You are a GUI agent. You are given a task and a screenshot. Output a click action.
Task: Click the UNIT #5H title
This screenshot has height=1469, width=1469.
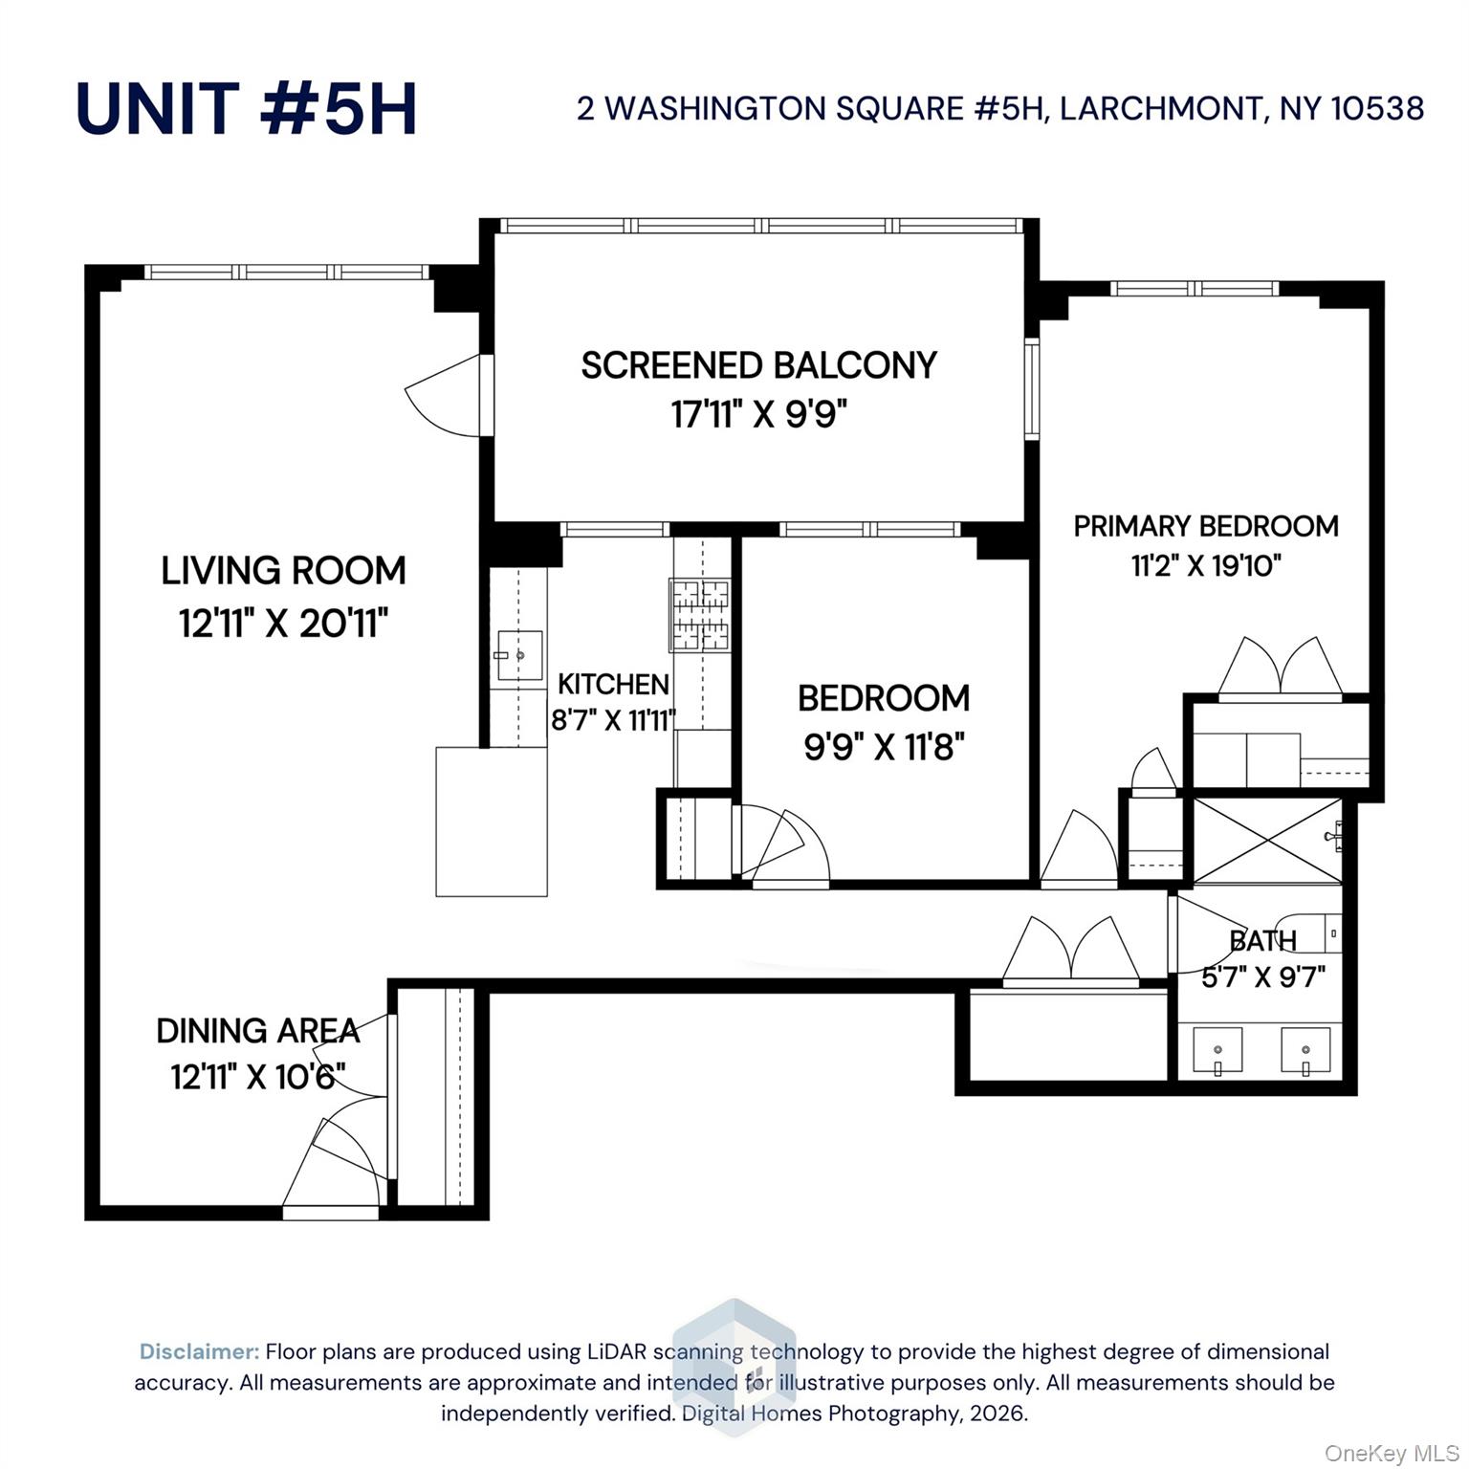coord(246,108)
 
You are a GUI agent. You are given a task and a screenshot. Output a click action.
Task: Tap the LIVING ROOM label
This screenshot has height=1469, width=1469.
coord(283,571)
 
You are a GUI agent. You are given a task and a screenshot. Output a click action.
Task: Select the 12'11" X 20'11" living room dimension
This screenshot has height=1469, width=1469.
coord(283,624)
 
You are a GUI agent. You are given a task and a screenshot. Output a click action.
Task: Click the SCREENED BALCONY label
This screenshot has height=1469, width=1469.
coord(759,365)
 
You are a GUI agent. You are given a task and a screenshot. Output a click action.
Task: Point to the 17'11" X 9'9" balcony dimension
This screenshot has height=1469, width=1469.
coord(759,415)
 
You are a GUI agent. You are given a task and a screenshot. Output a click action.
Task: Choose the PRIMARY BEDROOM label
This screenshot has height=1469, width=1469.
coord(1205,526)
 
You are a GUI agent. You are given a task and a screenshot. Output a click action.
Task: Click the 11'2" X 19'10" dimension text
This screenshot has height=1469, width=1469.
coord(1205,566)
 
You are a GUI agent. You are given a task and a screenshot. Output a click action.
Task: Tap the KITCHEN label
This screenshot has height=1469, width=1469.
coord(613,685)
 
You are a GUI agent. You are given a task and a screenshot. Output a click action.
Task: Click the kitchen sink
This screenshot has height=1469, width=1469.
coord(519,656)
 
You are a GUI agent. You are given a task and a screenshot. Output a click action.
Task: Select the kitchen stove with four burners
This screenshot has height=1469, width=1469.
coord(700,615)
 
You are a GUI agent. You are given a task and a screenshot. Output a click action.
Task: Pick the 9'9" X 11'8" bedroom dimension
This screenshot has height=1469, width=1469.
coord(884,746)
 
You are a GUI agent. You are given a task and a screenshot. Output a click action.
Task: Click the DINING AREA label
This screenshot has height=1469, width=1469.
coord(258,1031)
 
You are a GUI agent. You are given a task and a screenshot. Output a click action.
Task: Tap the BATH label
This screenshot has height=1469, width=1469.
coord(1262,941)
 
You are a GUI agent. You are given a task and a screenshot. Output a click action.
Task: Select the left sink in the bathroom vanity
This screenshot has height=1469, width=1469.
coord(1217,1051)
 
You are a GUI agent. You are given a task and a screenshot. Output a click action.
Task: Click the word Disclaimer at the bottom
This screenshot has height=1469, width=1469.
coord(199,1351)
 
